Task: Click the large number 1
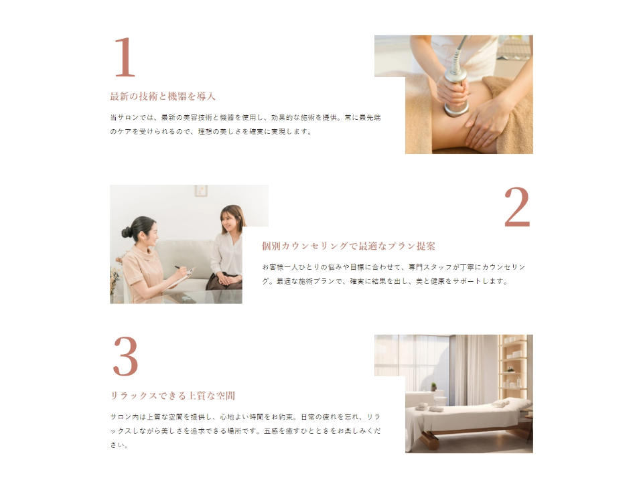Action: [x=125, y=58]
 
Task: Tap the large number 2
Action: [x=517, y=207]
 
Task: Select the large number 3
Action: [x=125, y=357]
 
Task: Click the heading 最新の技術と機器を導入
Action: [x=163, y=96]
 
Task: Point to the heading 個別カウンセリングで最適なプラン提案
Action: [x=348, y=246]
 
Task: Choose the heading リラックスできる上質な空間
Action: [x=173, y=396]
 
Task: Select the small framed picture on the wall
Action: [x=201, y=191]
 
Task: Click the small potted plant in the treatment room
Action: [x=433, y=387]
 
